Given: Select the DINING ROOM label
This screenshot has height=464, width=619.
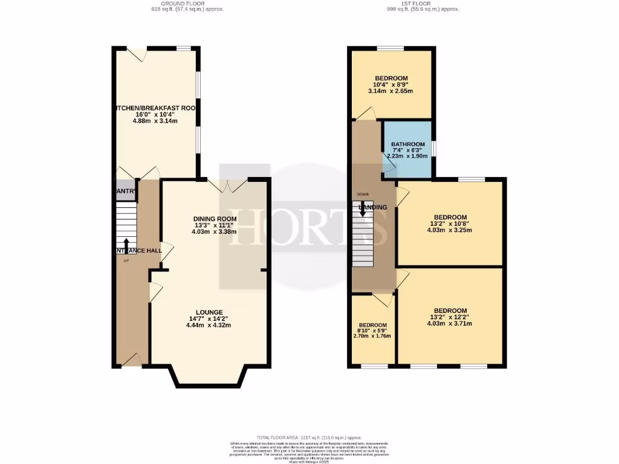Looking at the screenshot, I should click(x=215, y=218).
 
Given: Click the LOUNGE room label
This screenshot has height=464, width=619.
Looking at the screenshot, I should click(x=209, y=312).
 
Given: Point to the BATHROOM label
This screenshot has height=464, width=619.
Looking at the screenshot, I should click(x=407, y=144).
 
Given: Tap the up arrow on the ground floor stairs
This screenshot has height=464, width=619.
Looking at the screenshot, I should click(x=126, y=244).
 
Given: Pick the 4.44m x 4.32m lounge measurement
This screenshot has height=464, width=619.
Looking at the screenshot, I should click(x=209, y=325).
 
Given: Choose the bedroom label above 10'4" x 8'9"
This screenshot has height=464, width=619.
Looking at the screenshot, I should click(x=391, y=78).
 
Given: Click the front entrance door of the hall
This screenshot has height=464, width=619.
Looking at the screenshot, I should click(x=132, y=360).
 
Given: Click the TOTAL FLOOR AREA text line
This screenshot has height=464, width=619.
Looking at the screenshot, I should click(x=309, y=437).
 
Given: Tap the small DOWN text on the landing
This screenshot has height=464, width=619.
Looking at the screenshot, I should click(x=362, y=194).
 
